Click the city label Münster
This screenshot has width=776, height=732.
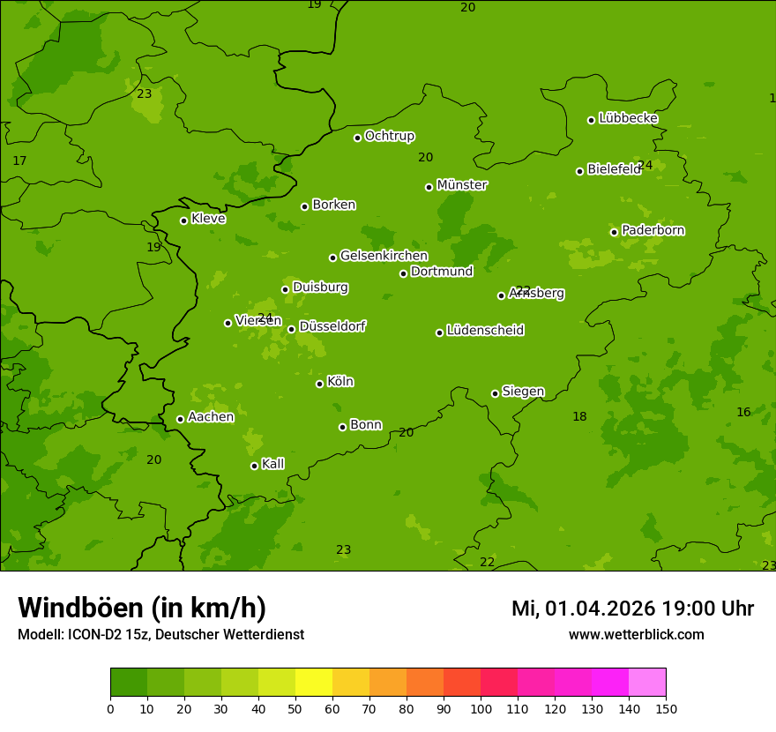(x=461, y=185)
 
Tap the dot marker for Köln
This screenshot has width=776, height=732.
(x=319, y=384)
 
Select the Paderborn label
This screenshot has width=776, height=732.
(x=653, y=230)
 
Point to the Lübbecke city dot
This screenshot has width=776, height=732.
(x=591, y=120)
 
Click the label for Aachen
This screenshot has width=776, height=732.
(x=211, y=417)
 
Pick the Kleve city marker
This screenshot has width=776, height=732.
(x=183, y=220)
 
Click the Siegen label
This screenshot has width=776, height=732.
(x=523, y=392)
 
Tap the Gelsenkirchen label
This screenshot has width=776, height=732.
(x=384, y=256)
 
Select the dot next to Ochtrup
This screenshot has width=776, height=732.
(x=357, y=138)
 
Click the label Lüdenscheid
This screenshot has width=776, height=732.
(x=485, y=331)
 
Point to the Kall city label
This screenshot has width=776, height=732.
(x=272, y=464)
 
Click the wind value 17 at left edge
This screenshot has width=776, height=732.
(x=19, y=161)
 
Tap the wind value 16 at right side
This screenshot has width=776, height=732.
(x=743, y=413)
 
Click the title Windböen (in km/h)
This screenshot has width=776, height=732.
(x=142, y=608)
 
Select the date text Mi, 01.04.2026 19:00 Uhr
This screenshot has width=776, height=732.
(x=632, y=609)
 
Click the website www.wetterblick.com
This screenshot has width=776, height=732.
(x=636, y=635)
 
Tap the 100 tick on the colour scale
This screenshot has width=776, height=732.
(x=481, y=707)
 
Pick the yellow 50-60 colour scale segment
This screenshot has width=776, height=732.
(x=314, y=683)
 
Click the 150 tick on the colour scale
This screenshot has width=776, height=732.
(x=666, y=707)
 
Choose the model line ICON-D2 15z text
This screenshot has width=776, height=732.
(x=160, y=635)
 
